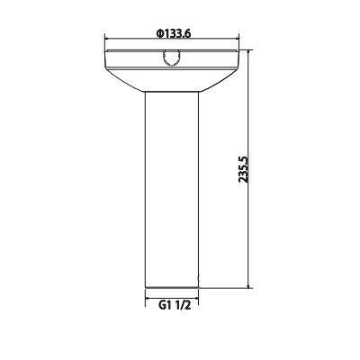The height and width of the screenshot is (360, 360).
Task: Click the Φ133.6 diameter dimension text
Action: pos(172,33)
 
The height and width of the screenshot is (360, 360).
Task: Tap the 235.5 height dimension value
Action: pos(242,170)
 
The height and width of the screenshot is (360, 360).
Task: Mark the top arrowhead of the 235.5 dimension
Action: pos(249,54)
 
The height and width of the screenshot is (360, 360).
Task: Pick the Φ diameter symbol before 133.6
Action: pos(158,33)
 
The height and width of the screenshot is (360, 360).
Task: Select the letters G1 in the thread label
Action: pos(164,304)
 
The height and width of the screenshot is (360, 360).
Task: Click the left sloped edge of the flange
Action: pos(124,81)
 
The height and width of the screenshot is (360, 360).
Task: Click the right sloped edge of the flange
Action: pos(220,81)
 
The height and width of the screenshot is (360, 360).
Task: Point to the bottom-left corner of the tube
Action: pos(146,288)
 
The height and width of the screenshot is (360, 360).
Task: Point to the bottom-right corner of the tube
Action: pos(199,288)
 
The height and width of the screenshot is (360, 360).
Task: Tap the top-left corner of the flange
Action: pos(107,51)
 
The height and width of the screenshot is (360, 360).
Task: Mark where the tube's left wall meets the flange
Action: pos(146,94)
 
